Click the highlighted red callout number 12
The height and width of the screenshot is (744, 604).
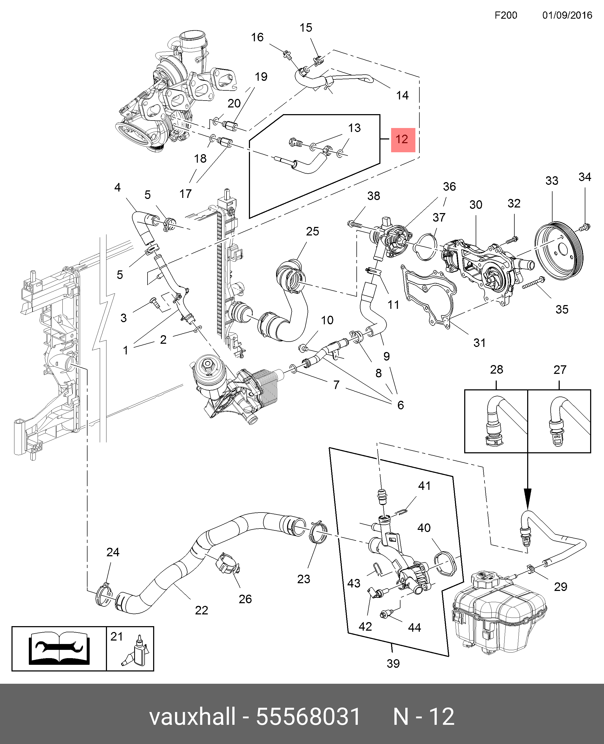pos(403,140)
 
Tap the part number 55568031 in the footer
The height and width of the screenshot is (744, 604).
pos(308,716)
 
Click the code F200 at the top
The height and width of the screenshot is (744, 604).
pos(506,15)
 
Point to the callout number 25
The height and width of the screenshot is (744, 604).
pos(312,231)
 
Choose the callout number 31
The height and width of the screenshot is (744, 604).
pos(479,343)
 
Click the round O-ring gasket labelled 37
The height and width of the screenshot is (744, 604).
pos(426,247)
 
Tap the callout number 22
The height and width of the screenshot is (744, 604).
pos(201,610)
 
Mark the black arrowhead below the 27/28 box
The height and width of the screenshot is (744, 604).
pos(527,499)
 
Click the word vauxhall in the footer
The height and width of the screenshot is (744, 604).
pos(192,716)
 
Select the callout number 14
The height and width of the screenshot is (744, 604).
pos(402,95)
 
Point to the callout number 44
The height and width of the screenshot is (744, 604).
pos(414,627)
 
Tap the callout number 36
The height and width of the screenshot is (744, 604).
pos(449,186)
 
